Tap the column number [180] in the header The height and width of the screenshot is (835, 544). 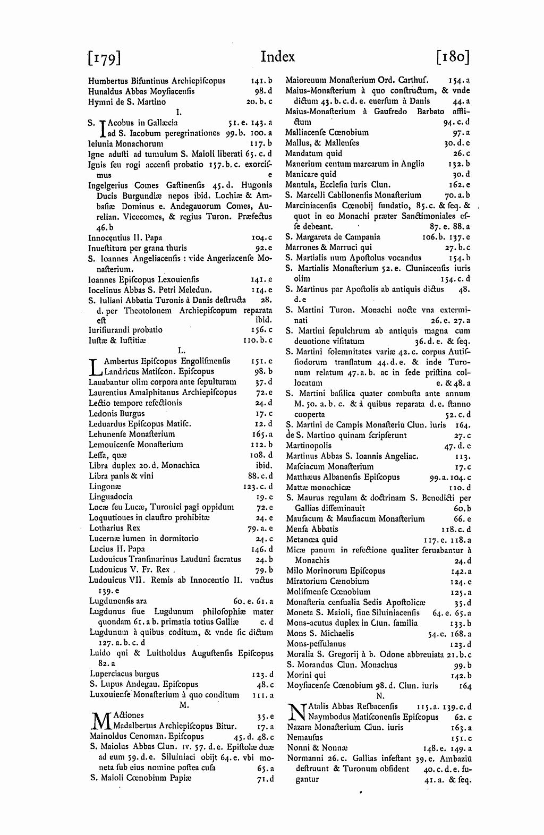coord(453,57)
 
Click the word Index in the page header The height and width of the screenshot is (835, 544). coord(278,56)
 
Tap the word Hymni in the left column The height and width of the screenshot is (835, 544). coord(99,102)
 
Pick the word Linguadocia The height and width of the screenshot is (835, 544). coord(110,497)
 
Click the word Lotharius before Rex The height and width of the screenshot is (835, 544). coord(107,528)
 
